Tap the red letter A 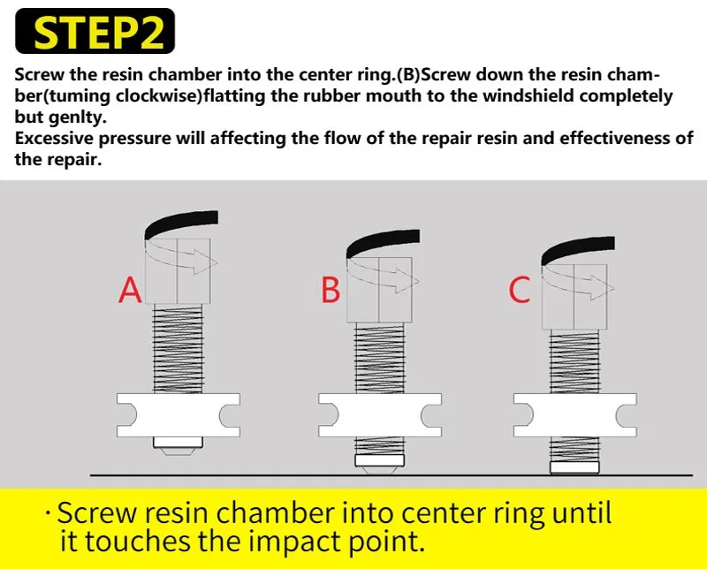tap(130, 290)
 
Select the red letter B tap(331, 290)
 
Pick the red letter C tap(520, 290)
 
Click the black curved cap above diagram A tap(181, 222)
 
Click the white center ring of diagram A tap(178, 413)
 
